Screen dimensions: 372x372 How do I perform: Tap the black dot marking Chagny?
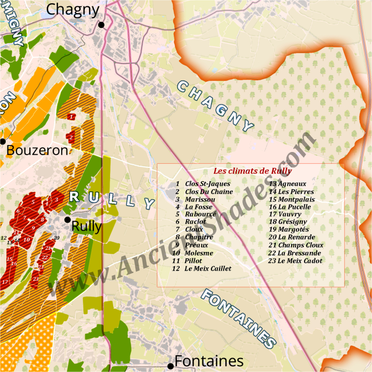click(101, 24)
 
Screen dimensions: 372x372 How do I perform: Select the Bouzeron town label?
click(37, 150)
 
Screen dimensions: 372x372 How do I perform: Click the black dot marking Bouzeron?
click(2, 141)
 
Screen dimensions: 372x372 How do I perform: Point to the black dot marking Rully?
click(67, 219)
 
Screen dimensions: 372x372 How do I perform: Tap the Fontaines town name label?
click(209, 361)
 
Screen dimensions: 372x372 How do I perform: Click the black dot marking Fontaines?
click(170, 366)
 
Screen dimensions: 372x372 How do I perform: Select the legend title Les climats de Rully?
click(252, 171)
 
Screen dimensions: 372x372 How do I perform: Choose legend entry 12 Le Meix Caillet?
click(201, 269)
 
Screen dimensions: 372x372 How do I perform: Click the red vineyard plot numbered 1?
click(71, 116)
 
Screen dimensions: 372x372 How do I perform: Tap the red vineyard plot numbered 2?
click(71, 137)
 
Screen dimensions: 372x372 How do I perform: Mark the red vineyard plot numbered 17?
click(5, 281)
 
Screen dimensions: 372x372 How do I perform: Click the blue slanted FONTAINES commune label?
click(239, 318)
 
